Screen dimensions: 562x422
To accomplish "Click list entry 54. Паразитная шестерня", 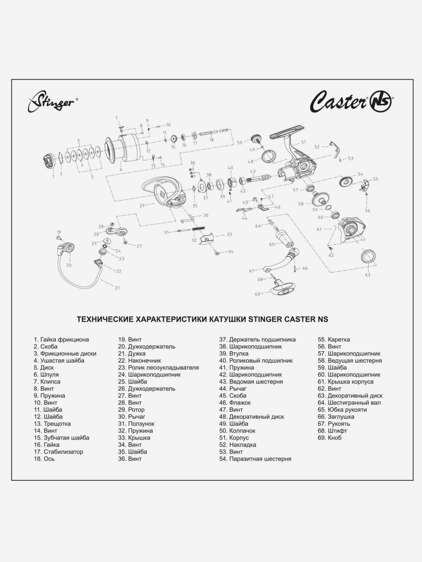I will point(254,459).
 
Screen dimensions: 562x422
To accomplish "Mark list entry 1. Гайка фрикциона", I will point(61,339).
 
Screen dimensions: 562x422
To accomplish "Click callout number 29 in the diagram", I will point(142,206).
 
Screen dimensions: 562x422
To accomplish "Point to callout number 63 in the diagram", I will point(368,274).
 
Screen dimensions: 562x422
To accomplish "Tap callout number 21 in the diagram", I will point(117,287).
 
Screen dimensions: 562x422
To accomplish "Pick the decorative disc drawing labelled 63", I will point(367,256).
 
